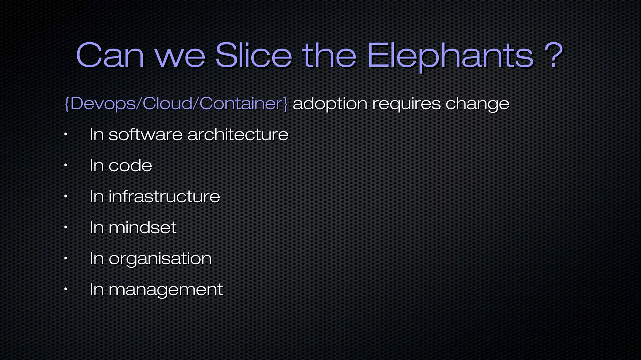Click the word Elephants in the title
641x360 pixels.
tap(450, 56)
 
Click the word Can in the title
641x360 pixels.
tap(110, 56)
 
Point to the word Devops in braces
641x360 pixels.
tap(103, 103)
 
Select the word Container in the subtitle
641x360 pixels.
tap(240, 103)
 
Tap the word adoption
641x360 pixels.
tap(330, 104)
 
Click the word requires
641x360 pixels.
tap(406, 104)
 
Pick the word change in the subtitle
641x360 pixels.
tap(477, 104)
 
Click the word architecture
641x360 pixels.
tap(238, 135)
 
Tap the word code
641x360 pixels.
tap(130, 165)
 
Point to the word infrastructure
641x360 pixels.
tap(164, 196)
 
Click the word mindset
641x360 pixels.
tap(142, 227)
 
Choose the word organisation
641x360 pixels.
tap(160, 259)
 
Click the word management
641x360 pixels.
tap(166, 290)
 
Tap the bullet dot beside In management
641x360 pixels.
tap(65, 289)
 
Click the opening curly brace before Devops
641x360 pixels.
tap(67, 104)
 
